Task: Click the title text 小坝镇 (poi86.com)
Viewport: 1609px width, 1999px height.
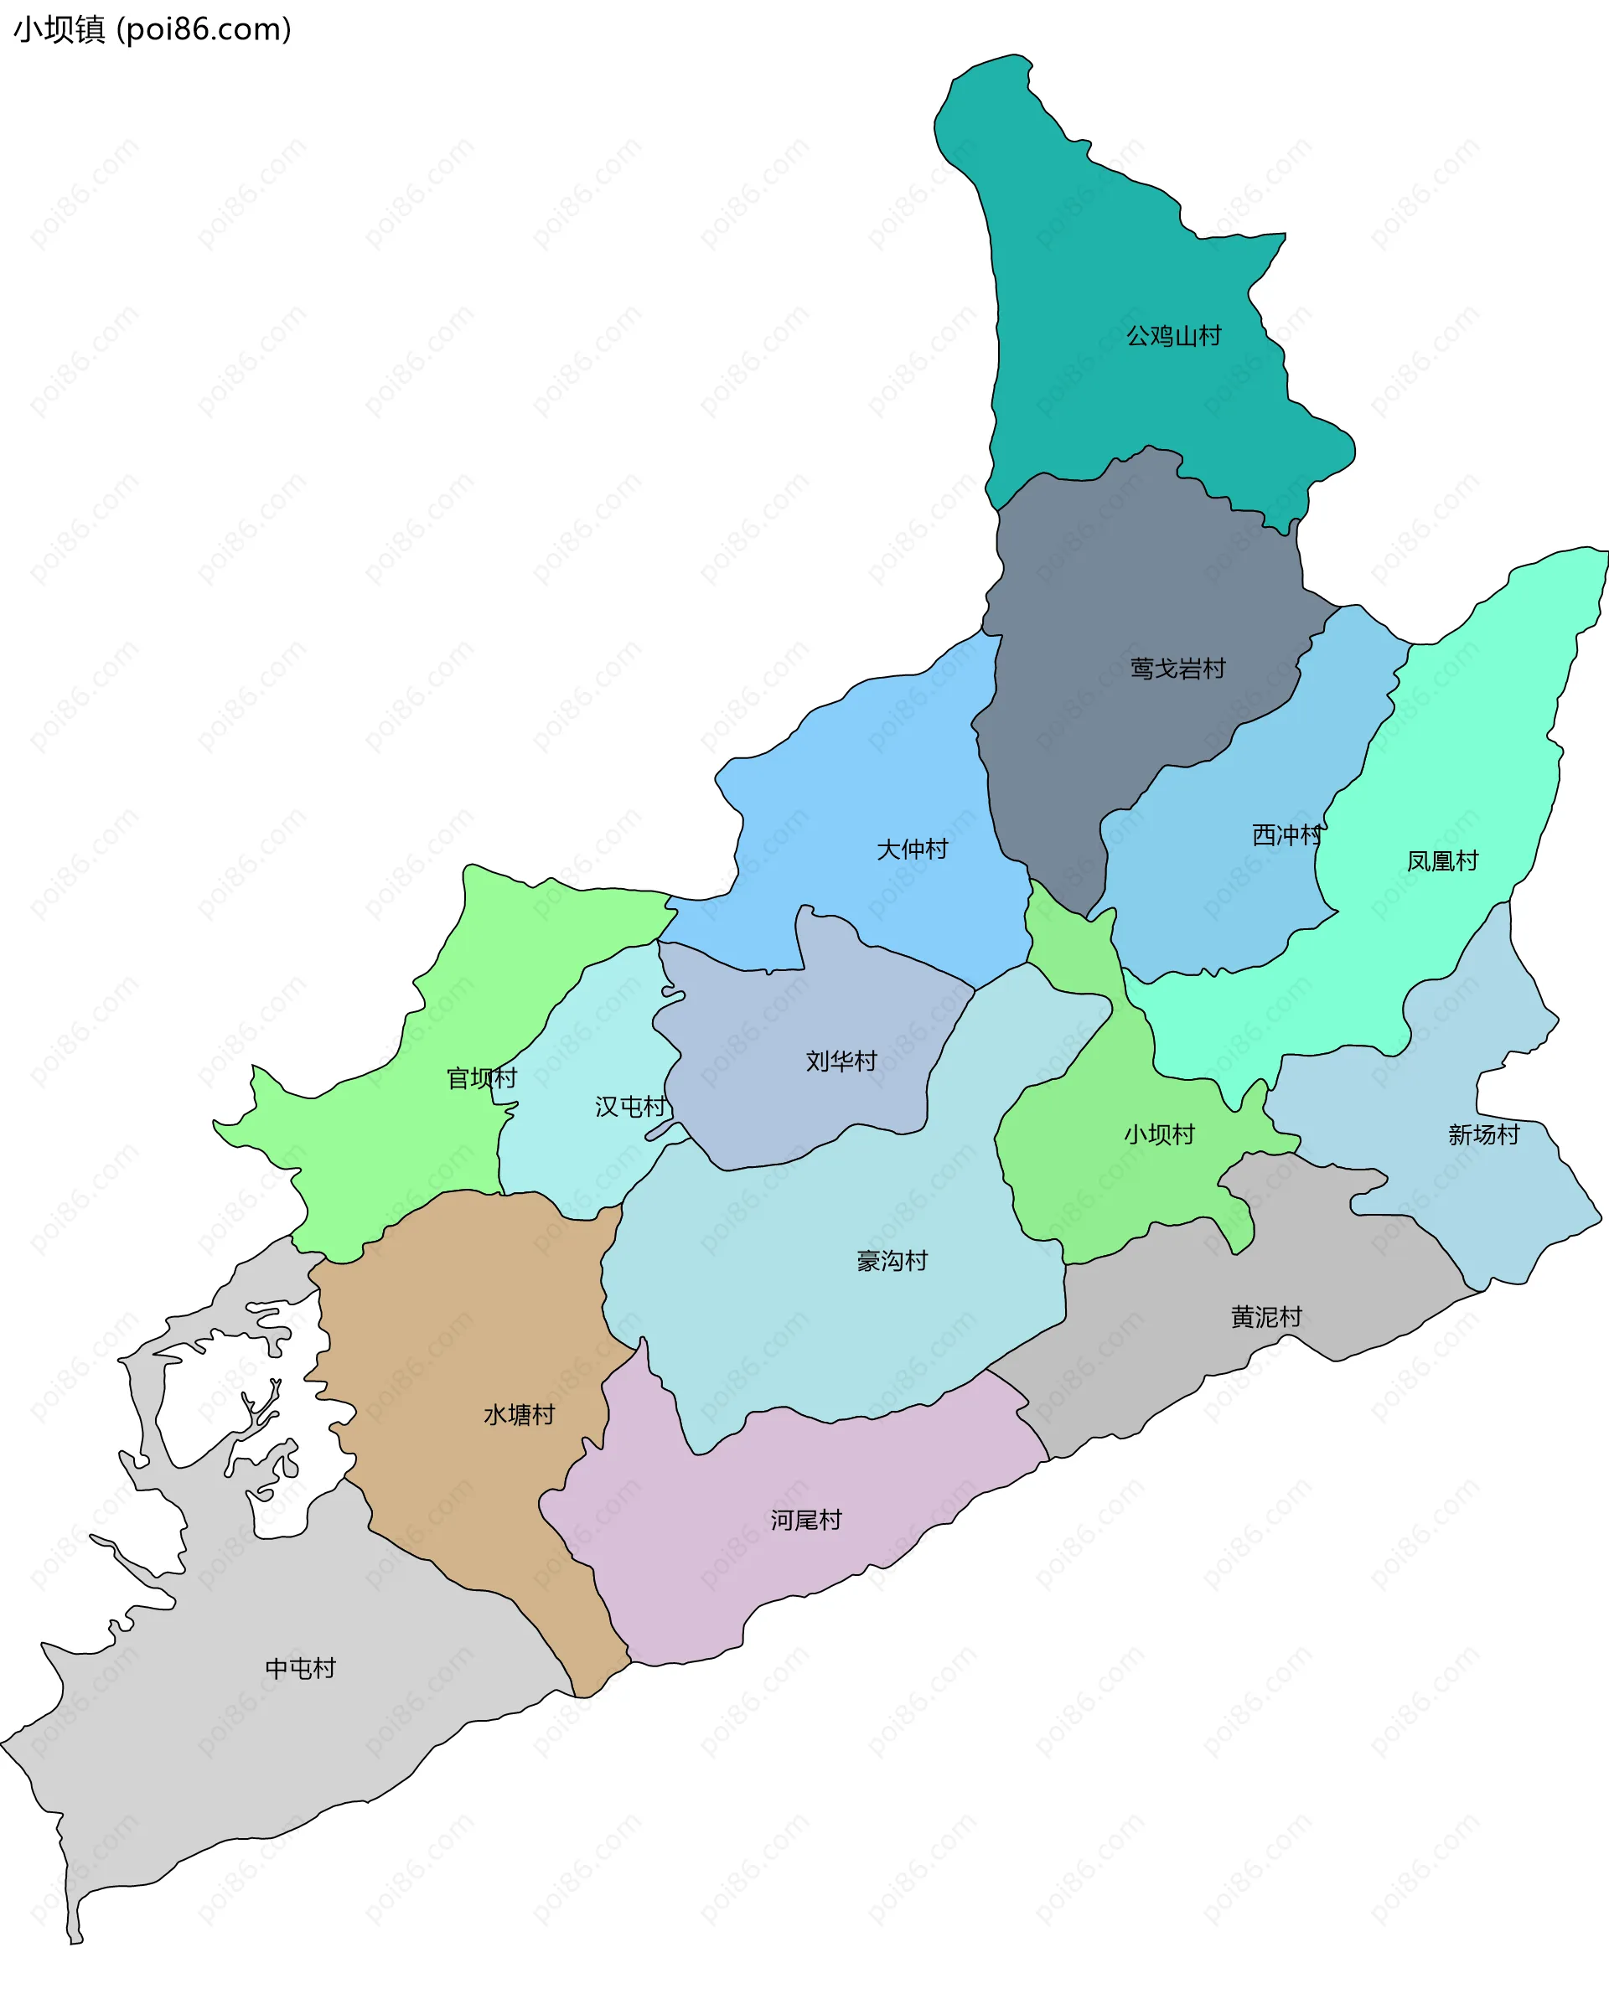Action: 152,29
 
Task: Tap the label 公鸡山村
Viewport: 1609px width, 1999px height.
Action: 1173,336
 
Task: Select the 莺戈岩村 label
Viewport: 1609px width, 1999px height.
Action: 1177,669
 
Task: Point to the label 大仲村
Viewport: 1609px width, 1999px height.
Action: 912,850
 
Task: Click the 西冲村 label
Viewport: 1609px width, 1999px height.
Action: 1286,835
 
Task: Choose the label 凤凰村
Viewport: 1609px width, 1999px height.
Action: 1442,861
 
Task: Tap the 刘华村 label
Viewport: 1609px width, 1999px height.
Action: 841,1061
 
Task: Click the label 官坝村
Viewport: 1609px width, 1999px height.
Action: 481,1078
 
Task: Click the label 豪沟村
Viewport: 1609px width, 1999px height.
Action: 892,1261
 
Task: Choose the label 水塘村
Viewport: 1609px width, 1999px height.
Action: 519,1415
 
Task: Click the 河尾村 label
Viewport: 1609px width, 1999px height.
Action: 806,1520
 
